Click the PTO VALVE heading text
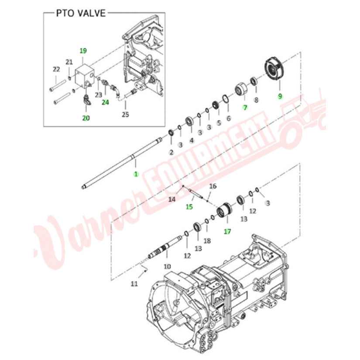click(x=81, y=13)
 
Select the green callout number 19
click(x=83, y=51)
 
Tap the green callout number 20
click(x=86, y=118)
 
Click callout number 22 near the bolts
click(x=56, y=69)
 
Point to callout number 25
click(x=125, y=114)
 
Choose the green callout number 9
click(x=280, y=96)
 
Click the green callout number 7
click(x=245, y=107)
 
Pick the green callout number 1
click(x=136, y=174)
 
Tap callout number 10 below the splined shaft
click(x=167, y=266)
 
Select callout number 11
click(x=134, y=284)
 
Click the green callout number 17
click(x=227, y=231)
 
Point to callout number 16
click(x=213, y=186)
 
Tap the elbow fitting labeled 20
click(x=87, y=100)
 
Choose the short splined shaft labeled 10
click(x=165, y=248)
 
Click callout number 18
click(x=207, y=240)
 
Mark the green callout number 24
click(x=106, y=102)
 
